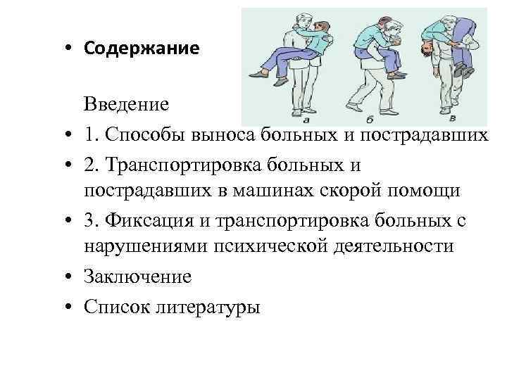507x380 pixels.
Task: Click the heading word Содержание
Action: (x=141, y=49)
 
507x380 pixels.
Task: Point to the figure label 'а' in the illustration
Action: (x=307, y=120)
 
